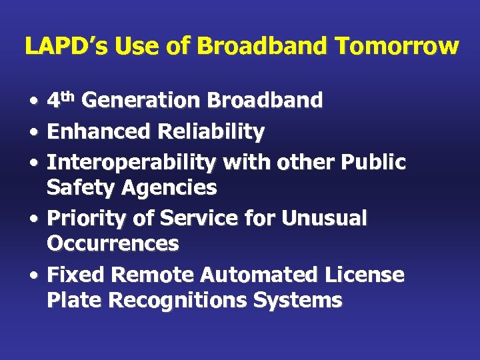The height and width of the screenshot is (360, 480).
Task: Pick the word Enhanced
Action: pyautogui.click(x=99, y=132)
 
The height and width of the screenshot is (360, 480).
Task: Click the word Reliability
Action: pyautogui.click(x=211, y=132)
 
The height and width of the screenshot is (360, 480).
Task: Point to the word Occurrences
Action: pyautogui.click(x=113, y=244)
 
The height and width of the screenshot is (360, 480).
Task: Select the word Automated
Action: pyautogui.click(x=254, y=275)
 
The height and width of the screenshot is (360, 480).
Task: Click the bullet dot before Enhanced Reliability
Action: pyautogui.click(x=33, y=133)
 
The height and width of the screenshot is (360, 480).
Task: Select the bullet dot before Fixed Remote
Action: pyautogui.click(x=33, y=275)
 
